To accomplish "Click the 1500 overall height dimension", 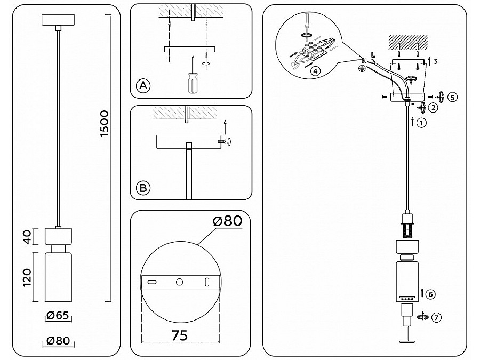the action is coord(105,123).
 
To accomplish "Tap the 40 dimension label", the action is coord(28,237).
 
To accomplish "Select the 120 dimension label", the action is coord(27,277).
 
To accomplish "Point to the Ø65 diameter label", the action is coord(58,315).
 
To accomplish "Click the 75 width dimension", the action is coord(180,335).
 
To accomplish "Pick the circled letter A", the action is coord(143,85).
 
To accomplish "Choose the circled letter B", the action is coord(143,188).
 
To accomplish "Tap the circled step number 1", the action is coord(421,123).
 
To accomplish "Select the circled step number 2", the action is coord(433,108).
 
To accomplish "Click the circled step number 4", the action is coord(315,71).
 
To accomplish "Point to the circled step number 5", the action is coord(452,98).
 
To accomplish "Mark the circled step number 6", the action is coord(430,294).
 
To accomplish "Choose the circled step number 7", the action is coord(436,317).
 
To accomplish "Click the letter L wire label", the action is coord(373,55).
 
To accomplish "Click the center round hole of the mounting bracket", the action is coord(179,282).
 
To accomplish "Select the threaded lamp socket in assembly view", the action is coord(407,226).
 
